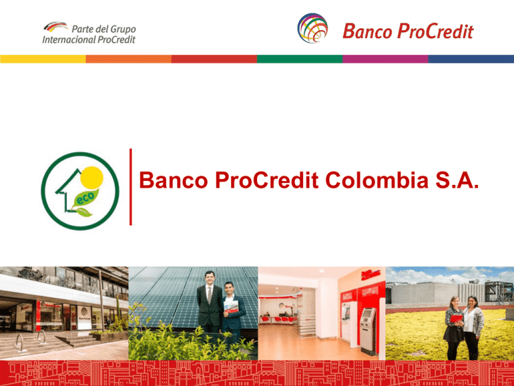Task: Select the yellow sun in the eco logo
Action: [x=92, y=177]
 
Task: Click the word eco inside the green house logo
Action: [x=84, y=199]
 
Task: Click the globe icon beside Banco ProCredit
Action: [x=313, y=29]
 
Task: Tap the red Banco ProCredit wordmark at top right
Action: [x=408, y=31]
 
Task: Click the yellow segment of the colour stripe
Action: [x=43, y=59]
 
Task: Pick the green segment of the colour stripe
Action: [x=299, y=59]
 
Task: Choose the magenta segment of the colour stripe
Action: [x=385, y=59]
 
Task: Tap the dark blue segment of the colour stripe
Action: [x=470, y=59]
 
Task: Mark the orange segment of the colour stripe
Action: [x=128, y=59]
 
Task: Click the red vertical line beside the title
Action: [x=131, y=186]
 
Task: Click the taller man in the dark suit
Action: [x=209, y=305]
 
